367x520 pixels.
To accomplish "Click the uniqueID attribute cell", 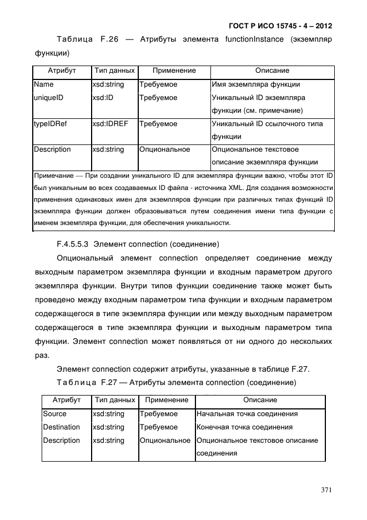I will pos(48,98).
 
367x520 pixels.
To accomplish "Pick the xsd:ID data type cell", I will pos(104,98).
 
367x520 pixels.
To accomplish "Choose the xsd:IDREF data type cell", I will pos(110,124).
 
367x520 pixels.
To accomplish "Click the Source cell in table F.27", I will pos(54,414).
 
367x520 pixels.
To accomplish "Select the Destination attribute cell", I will pos(61,427).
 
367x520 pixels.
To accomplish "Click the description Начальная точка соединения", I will pos(247,414).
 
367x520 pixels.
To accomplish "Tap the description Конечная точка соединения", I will pos(244,427).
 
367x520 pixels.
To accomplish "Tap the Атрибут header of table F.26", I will pos(62,71).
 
